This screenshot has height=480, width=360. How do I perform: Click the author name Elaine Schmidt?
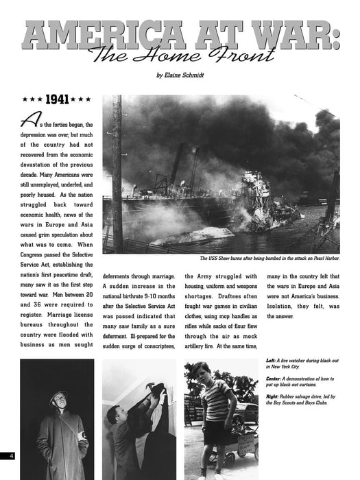click(x=180, y=74)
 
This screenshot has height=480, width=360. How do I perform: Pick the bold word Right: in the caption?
click(x=272, y=397)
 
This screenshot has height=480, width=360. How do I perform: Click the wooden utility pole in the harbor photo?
click(x=117, y=171)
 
